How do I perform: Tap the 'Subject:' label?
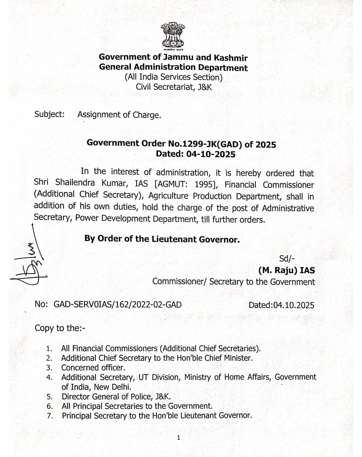click(x=49, y=114)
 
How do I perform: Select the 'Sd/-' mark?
click(x=287, y=258)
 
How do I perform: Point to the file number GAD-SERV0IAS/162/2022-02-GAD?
click(x=118, y=304)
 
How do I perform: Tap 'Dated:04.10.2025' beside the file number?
click(x=281, y=305)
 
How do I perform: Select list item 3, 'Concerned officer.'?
click(x=93, y=368)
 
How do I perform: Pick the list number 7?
click(x=50, y=416)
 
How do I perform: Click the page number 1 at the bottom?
click(x=178, y=438)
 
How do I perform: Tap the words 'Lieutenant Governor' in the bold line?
click(x=196, y=239)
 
